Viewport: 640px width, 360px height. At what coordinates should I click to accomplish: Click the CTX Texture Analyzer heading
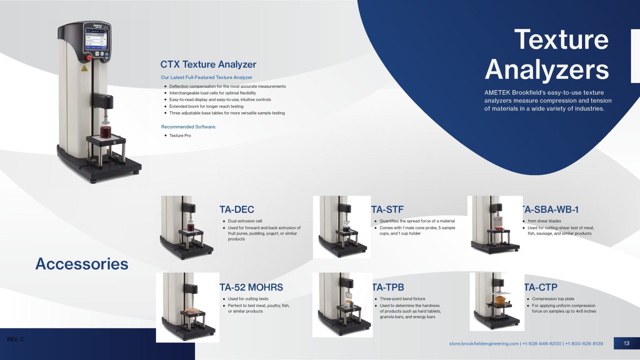(x=208, y=64)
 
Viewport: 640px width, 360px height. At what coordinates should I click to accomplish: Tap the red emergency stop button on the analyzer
(x=89, y=58)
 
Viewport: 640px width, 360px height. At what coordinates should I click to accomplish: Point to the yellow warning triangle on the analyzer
(x=84, y=68)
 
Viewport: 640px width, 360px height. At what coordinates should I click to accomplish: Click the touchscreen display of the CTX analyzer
(x=96, y=39)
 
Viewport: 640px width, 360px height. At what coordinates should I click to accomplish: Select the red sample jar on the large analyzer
(x=106, y=131)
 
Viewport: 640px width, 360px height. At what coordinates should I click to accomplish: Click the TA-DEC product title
(x=237, y=210)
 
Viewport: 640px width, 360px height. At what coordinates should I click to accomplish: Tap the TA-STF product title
(x=388, y=210)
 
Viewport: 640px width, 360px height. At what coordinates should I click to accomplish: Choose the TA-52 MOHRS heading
(x=251, y=287)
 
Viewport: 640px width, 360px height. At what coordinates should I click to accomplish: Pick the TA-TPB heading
(x=388, y=287)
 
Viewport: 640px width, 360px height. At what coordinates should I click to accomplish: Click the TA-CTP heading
(x=541, y=287)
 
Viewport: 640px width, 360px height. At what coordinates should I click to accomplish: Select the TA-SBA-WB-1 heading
(x=550, y=210)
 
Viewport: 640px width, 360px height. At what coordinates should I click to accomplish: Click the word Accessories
(x=82, y=264)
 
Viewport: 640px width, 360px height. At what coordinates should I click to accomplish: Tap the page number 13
(x=626, y=343)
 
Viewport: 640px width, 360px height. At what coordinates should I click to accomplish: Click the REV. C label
(x=16, y=339)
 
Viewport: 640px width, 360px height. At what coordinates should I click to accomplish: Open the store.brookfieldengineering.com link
(x=484, y=344)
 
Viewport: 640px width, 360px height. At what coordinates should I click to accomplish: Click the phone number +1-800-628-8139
(x=584, y=344)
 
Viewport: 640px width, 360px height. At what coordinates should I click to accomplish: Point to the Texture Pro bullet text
(x=180, y=135)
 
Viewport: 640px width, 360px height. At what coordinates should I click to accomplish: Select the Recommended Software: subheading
(x=188, y=127)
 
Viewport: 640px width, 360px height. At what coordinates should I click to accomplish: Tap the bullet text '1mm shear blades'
(x=544, y=221)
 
